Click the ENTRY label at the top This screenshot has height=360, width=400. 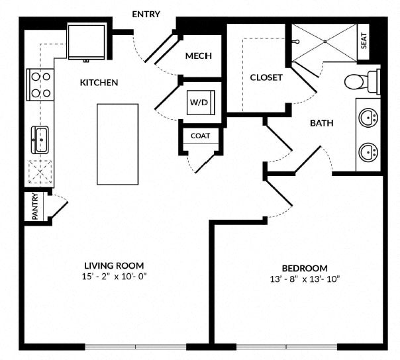click(146, 14)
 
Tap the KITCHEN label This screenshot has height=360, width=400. click(99, 83)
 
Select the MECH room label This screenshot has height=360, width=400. click(199, 56)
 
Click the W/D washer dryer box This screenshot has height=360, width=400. click(201, 103)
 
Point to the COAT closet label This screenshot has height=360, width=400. click(201, 136)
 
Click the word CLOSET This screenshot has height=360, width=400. click(266, 77)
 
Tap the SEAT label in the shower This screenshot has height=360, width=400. click(364, 41)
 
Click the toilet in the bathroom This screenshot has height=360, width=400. click(362, 81)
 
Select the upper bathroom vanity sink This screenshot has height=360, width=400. click(368, 118)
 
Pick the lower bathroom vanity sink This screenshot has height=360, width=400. click(368, 152)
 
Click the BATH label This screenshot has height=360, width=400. click(322, 123)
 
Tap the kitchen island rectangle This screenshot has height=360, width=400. click(118, 144)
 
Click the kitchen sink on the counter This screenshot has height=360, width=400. click(40, 140)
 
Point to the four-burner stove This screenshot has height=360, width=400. click(40, 85)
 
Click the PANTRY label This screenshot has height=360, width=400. click(35, 206)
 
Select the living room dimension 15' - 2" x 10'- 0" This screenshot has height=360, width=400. click(115, 277)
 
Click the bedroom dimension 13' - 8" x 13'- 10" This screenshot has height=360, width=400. click(305, 279)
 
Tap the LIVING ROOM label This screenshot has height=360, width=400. click(114, 265)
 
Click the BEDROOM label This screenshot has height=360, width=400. click(305, 268)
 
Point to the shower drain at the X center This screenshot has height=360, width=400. click(325, 42)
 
